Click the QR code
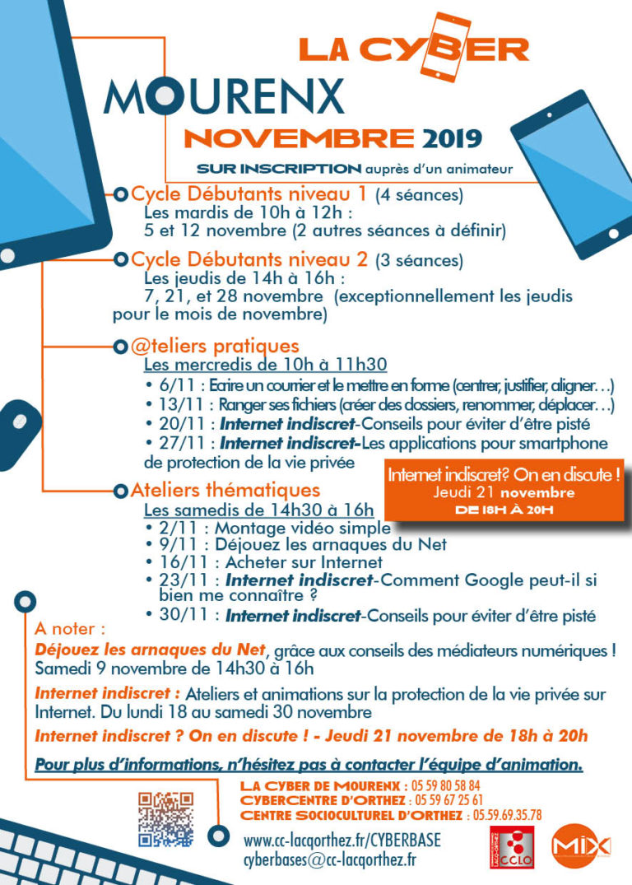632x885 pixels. pos(165,818)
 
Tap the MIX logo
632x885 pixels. pos(581,845)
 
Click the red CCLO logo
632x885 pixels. pos(511,845)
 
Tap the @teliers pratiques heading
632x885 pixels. pos(215,346)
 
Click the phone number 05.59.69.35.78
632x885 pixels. pos(507,815)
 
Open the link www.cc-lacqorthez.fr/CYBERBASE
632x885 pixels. pos(342,841)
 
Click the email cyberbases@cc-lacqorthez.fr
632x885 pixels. pos(330,859)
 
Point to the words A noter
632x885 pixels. pos(70,628)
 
